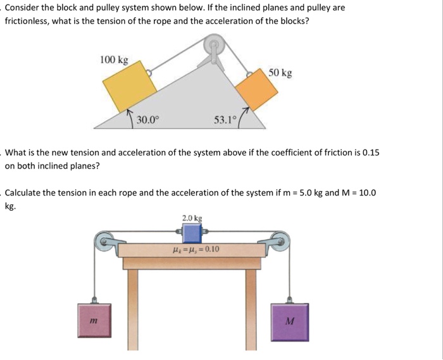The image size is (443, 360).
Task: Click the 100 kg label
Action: pyautogui.click(x=114, y=60)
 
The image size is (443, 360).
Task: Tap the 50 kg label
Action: pyautogui.click(x=280, y=73)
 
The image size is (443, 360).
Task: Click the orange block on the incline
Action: pyautogui.click(x=256, y=93)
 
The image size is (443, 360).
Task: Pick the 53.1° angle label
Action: pyautogui.click(x=224, y=120)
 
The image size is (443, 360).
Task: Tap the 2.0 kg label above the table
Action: pyautogui.click(x=192, y=218)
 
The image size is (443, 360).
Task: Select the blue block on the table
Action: pyautogui.click(x=192, y=234)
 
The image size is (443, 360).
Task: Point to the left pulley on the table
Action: pyautogui.click(x=103, y=241)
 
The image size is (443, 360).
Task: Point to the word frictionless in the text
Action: pyautogui.click(x=27, y=20)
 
